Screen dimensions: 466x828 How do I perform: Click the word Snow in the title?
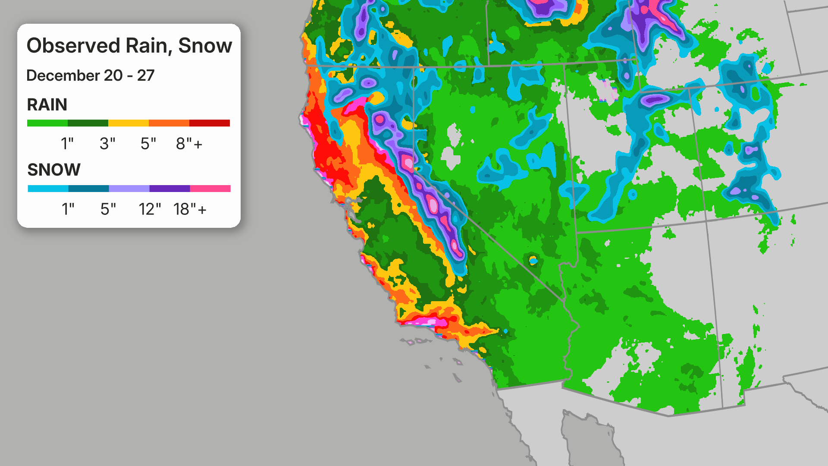point(205,46)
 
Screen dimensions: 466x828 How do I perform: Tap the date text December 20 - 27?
point(90,76)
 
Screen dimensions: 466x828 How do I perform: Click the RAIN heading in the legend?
point(47,105)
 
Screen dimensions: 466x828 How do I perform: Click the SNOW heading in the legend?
point(54,170)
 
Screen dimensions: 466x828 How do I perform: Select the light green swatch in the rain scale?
point(47,123)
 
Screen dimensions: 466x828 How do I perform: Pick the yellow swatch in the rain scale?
point(129,123)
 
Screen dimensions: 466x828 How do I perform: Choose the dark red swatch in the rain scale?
point(210,123)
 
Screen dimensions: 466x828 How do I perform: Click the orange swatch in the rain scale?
point(169,123)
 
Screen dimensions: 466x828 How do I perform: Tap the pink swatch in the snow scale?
point(210,189)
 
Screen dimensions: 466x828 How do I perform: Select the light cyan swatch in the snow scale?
point(48,189)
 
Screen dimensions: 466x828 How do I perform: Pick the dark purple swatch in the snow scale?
point(169,189)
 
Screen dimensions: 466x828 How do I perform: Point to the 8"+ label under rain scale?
point(189,144)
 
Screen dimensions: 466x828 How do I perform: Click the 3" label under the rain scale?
point(107,144)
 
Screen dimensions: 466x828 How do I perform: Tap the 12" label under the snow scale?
point(150,209)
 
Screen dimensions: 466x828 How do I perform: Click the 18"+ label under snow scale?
point(190,209)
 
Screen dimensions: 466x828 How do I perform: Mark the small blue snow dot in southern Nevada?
point(533,261)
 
